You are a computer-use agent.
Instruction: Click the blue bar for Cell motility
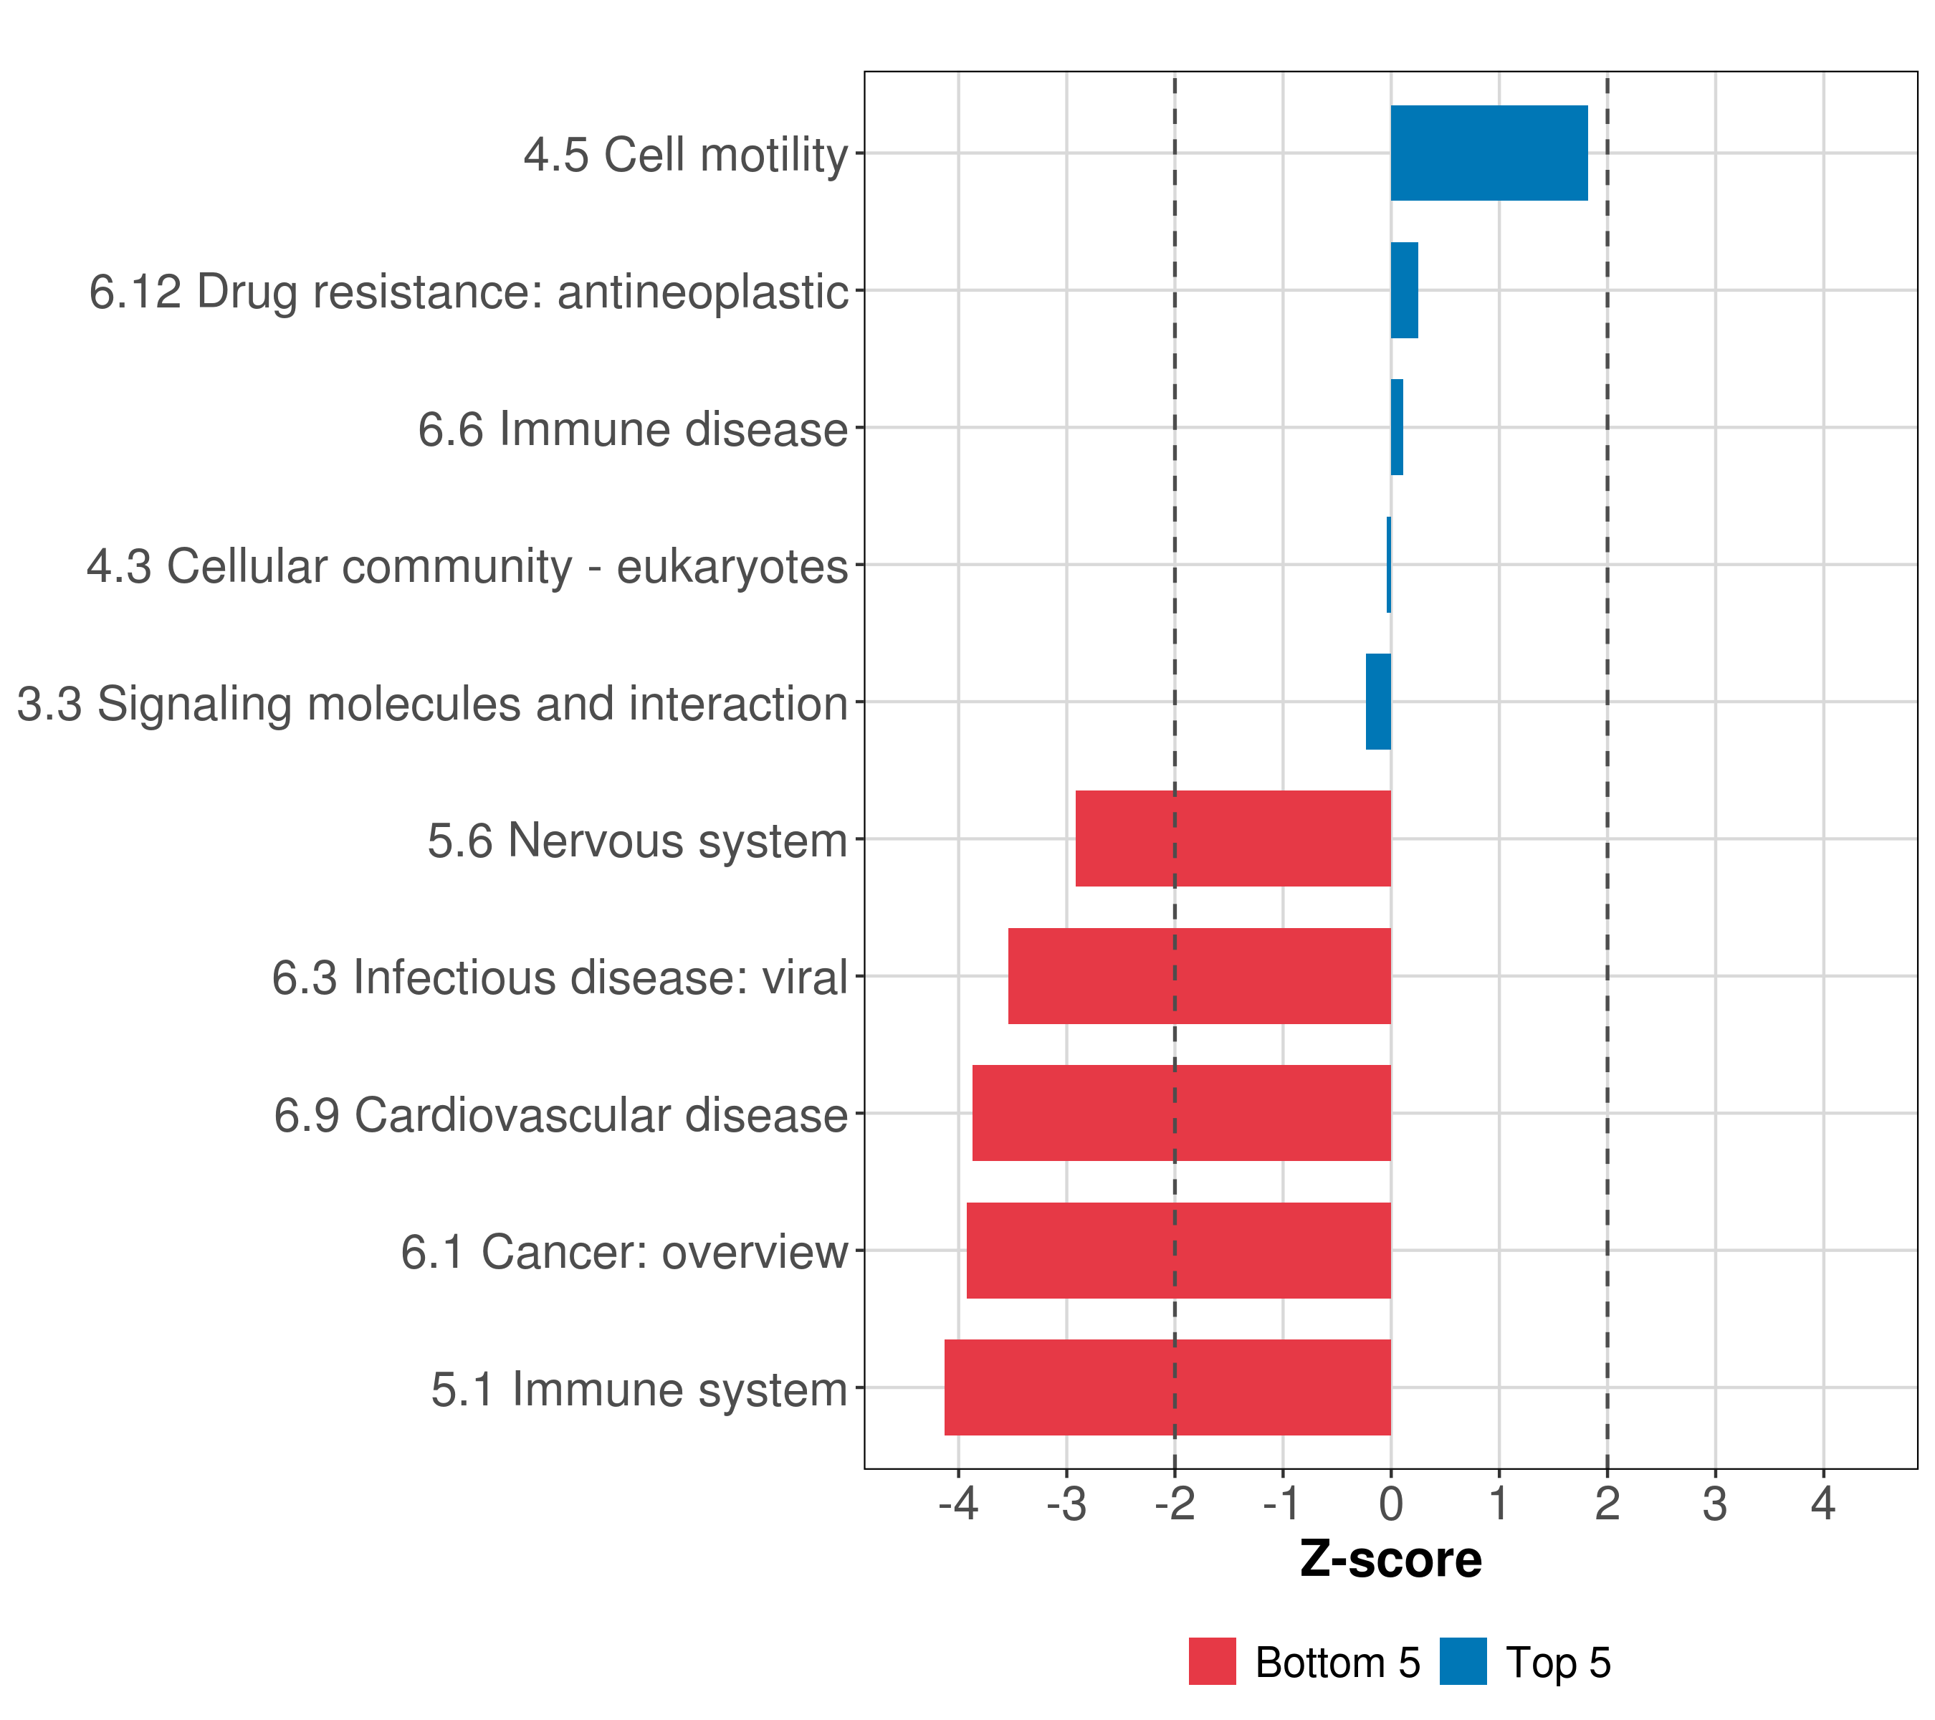point(1489,153)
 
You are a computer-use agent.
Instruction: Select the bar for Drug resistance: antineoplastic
point(1404,291)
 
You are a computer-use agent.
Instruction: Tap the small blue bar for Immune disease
point(1396,428)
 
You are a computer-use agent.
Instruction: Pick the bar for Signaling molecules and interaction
point(1378,702)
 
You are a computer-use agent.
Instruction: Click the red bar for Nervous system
point(1233,838)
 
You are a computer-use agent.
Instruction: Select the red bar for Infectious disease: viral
point(1200,976)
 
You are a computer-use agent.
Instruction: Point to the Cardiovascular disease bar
point(1182,1113)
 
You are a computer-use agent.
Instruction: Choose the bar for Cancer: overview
point(1179,1251)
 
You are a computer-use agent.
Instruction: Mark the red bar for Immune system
point(1167,1387)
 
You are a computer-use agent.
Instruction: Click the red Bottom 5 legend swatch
point(1212,1661)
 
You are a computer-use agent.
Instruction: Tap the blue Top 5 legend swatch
point(1463,1661)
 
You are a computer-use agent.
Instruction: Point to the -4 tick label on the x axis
point(958,1504)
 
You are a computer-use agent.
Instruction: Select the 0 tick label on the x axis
point(1390,1504)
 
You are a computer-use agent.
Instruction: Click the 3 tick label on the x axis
point(1714,1504)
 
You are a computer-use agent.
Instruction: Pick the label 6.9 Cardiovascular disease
point(560,1115)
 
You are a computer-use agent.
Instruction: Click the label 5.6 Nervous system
point(637,841)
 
